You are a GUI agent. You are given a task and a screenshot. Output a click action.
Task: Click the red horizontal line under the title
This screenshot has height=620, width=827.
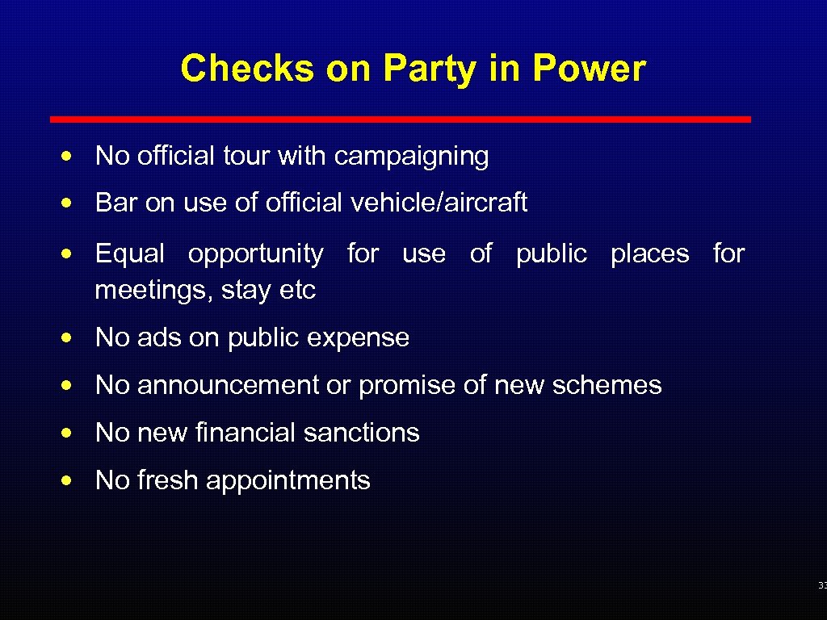(400, 119)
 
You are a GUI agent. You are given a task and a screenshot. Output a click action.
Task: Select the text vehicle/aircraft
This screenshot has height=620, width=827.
(439, 203)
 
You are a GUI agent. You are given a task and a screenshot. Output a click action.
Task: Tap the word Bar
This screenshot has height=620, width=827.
(116, 203)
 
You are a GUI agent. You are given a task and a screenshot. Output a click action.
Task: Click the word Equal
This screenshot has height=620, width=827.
(130, 254)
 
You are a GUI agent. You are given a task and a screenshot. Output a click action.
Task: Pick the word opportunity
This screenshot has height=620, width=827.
(255, 255)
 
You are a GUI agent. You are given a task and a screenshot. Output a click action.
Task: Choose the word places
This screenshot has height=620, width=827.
(649, 254)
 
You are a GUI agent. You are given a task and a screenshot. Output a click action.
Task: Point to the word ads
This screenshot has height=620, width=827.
(159, 337)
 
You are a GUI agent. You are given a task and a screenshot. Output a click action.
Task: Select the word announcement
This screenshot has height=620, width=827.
(228, 385)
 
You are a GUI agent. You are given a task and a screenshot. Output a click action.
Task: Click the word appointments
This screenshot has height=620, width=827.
(288, 481)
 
